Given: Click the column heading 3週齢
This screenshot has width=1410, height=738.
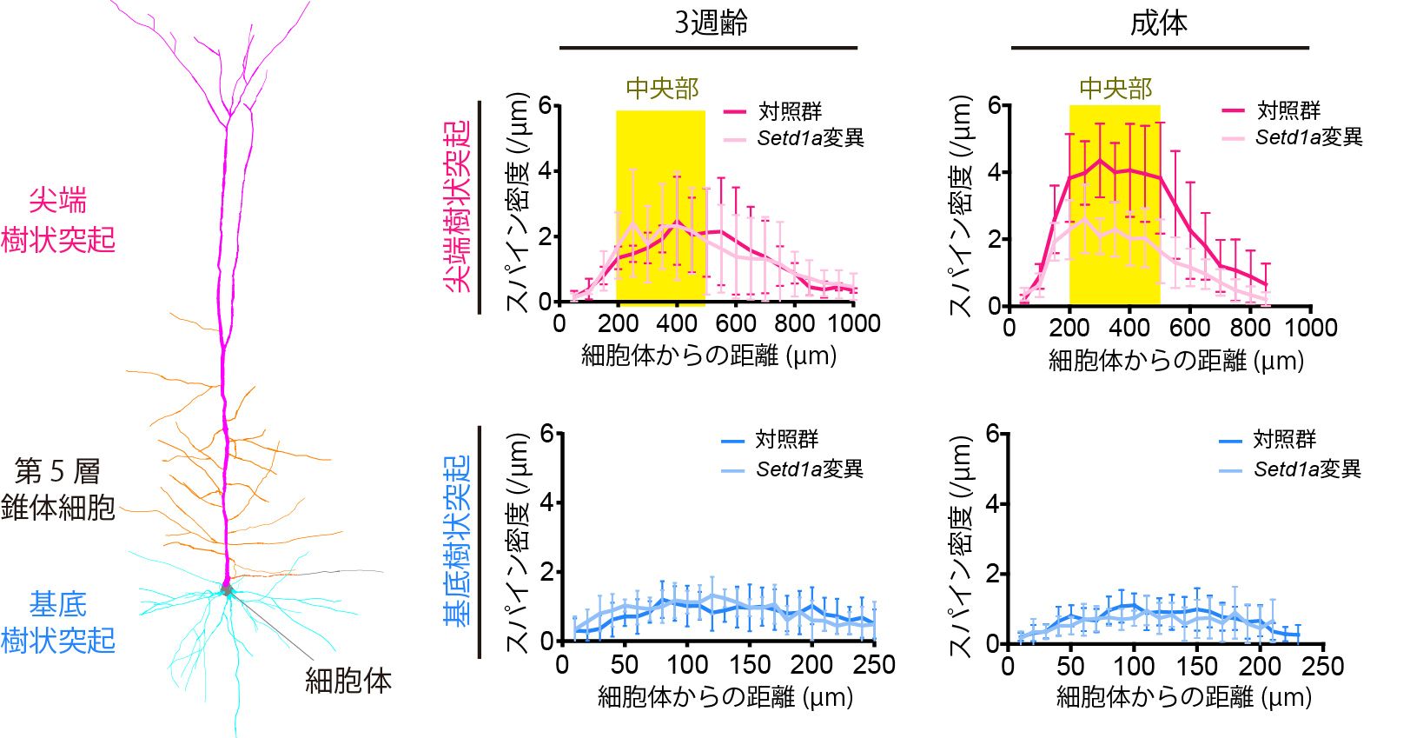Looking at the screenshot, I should click(711, 23).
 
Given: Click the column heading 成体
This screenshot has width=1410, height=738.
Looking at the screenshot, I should click(1158, 23).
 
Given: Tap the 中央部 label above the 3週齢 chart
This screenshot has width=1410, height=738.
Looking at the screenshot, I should click(662, 89).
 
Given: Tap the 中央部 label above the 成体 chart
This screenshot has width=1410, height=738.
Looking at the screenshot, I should click(1115, 89).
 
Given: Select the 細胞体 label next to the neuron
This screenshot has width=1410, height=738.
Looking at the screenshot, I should click(348, 681).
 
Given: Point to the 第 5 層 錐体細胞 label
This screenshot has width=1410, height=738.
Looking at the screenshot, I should click(57, 489).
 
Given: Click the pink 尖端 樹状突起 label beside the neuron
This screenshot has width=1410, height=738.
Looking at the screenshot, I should click(57, 220).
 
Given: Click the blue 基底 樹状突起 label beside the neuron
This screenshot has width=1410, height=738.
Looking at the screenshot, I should click(57, 622).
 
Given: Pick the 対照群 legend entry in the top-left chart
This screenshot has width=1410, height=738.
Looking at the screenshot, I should click(790, 111).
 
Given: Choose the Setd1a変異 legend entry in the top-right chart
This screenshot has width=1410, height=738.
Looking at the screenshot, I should click(1308, 137).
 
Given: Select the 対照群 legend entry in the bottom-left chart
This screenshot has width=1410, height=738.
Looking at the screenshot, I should click(786, 440).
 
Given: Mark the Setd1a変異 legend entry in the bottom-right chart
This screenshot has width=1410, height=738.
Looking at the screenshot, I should click(1307, 469).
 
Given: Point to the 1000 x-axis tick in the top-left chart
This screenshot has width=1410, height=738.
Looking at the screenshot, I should click(854, 324).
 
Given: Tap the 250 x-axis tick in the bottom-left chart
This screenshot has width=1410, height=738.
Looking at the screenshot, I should click(874, 665).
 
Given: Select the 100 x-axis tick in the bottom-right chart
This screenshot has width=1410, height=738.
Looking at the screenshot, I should click(1134, 667).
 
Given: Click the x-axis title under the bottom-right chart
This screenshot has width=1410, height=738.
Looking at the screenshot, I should click(1183, 697).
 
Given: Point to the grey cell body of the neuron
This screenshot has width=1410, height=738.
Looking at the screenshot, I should click(228, 590).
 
